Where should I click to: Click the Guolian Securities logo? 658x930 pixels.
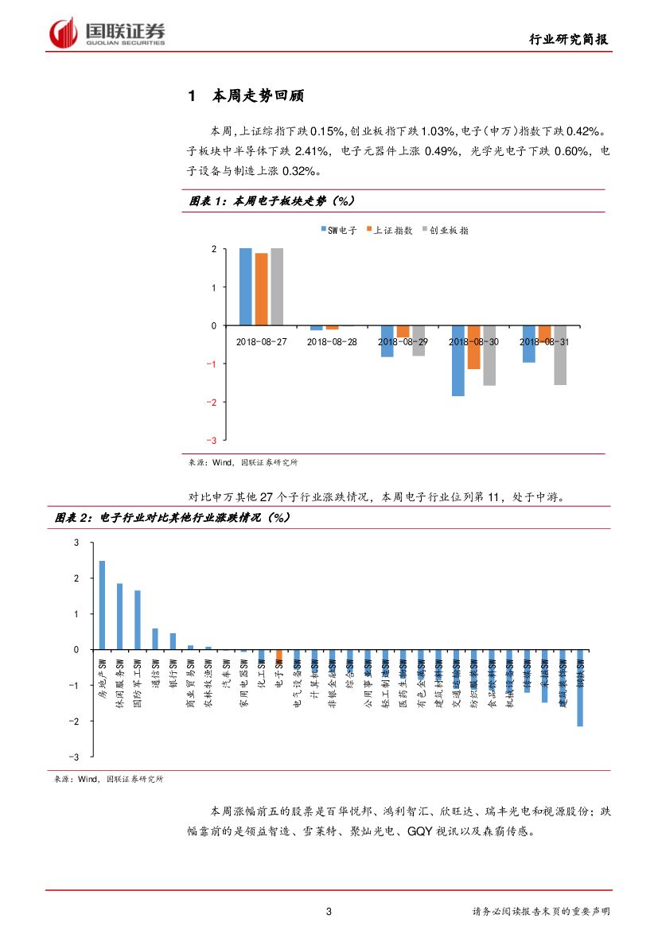pos(107,33)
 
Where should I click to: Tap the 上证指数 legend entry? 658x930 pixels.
pos(389,230)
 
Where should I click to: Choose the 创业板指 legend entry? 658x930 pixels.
pos(445,230)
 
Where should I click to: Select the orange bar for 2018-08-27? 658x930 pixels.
pos(261,290)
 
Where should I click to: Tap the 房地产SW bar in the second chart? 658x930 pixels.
pos(102,605)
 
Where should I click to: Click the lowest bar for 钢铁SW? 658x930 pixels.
pos(580,688)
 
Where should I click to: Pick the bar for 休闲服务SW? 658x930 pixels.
pos(119,617)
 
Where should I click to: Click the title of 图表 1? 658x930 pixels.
pos(271,202)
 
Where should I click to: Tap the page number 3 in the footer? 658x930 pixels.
pos(329,912)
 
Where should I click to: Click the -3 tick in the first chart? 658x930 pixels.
pos(212,440)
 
